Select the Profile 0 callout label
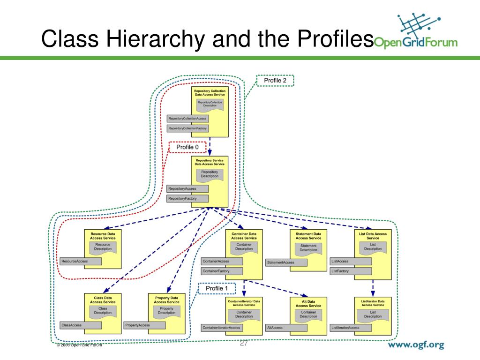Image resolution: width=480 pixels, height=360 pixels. [187, 147]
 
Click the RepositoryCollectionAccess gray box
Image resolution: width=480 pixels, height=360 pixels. [187, 119]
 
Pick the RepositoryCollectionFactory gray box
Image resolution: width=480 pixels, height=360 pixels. [187, 128]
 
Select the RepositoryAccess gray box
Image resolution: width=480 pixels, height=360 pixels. [187, 188]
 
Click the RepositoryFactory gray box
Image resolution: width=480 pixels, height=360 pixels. [187, 199]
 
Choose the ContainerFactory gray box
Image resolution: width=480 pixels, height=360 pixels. [222, 271]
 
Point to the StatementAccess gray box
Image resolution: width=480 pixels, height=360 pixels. [286, 262]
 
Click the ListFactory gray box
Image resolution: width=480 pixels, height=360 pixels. [351, 271]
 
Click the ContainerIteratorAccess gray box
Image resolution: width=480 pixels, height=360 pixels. [222, 328]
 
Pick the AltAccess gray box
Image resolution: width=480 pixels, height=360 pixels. [286, 328]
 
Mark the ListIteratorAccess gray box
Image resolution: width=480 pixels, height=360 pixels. [351, 328]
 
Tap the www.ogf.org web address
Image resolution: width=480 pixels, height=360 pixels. [415, 346]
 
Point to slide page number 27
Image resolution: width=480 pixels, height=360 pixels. [244, 343]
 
